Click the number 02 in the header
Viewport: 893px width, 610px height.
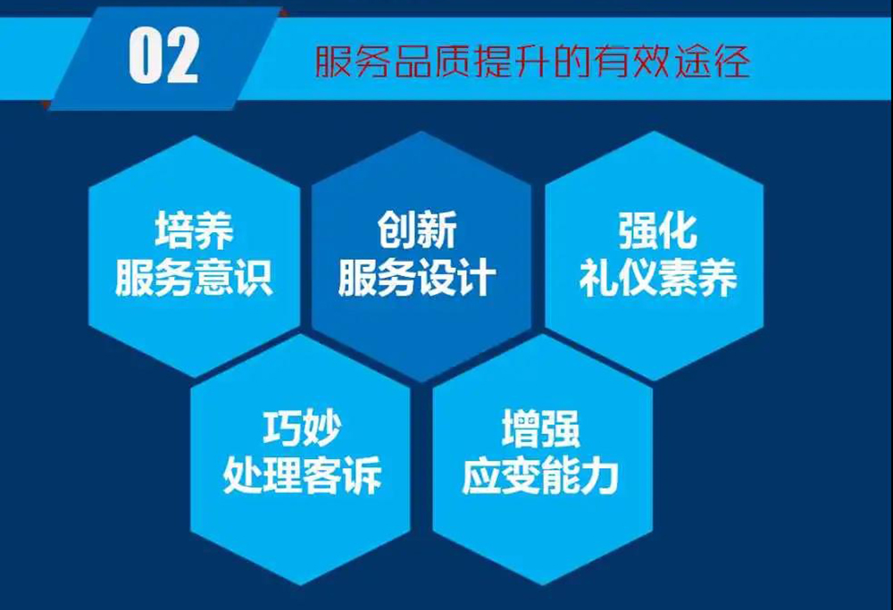163,56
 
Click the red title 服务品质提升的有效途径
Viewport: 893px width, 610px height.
532,62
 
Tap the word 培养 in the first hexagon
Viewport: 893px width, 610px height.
194,230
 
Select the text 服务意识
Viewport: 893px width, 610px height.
194,278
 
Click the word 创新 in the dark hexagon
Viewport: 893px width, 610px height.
417,230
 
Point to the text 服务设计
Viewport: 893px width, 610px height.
417,278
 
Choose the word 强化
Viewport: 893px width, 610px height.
658,230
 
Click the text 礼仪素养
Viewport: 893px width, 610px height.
658,278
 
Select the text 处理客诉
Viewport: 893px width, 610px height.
302,474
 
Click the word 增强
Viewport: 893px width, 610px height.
540,429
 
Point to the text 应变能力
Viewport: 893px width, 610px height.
540,475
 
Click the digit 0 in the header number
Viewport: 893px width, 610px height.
145,56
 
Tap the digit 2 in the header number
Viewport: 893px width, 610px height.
181,56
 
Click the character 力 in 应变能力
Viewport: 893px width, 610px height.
600,475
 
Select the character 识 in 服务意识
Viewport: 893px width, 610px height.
254,278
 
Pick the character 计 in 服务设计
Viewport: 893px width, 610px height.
477,278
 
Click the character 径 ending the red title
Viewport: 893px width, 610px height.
731,62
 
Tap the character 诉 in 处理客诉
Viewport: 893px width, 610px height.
362,474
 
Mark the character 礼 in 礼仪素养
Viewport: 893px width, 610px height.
598,278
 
